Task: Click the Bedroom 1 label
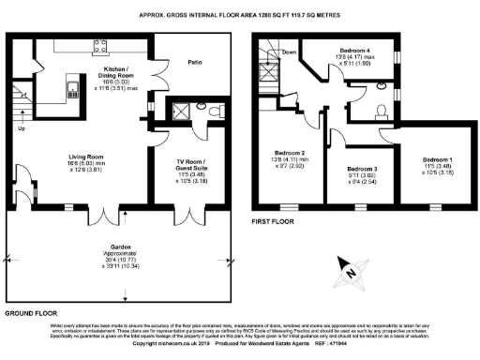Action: point(440,161)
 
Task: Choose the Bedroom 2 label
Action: point(290,153)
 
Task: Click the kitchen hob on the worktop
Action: point(96,46)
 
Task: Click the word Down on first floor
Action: point(290,52)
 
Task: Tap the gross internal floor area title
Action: point(240,16)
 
